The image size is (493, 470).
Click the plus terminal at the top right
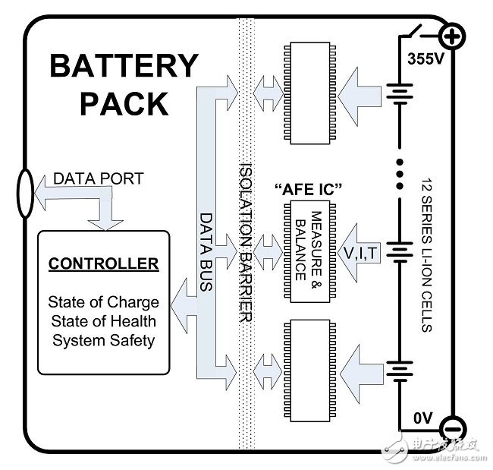(453, 36)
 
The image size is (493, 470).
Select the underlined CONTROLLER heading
(104, 264)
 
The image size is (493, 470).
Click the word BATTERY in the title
(124, 67)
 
